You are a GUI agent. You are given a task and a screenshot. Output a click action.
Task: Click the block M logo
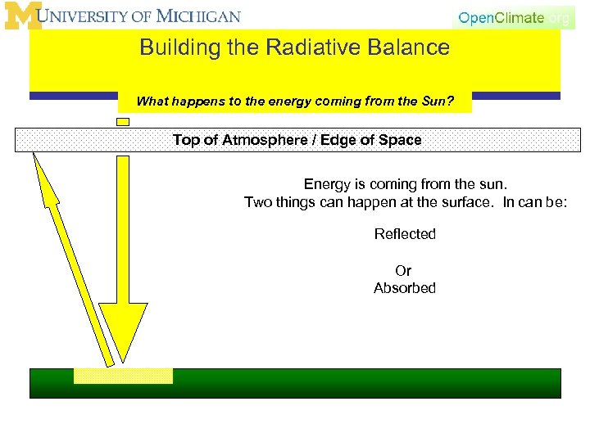click(22, 16)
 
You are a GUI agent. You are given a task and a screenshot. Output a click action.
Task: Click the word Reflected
click(405, 234)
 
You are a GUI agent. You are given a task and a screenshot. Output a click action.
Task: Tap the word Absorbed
click(405, 288)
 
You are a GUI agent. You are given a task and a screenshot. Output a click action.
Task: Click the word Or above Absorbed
click(403, 270)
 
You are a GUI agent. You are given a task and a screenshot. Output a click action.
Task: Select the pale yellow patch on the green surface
click(123, 376)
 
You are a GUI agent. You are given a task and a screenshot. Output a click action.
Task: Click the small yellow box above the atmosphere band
click(123, 122)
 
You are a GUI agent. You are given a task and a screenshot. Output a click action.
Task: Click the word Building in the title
click(169, 47)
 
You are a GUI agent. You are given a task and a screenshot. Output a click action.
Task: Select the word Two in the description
click(257, 202)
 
